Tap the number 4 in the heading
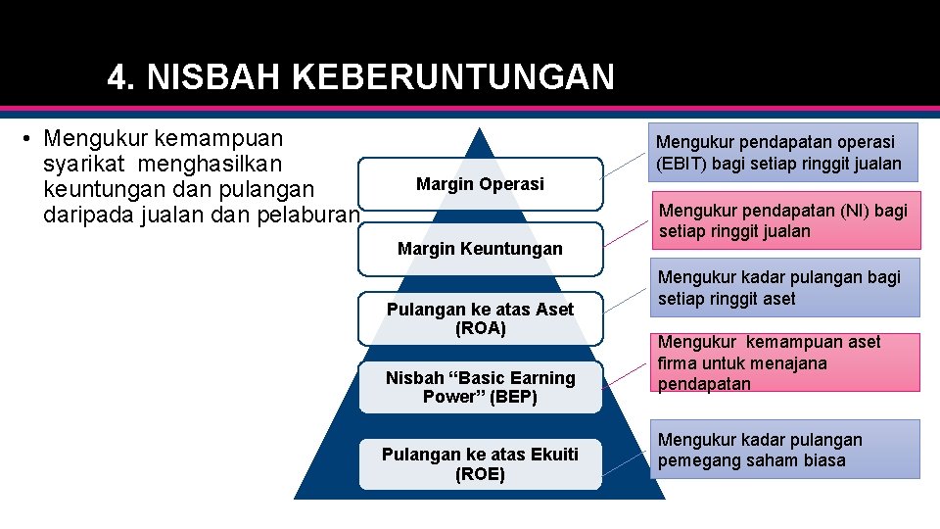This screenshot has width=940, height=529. click(117, 76)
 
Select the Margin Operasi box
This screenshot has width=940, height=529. click(480, 184)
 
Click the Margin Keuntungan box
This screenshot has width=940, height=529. click(480, 249)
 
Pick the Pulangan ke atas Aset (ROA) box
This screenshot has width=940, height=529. click(480, 318)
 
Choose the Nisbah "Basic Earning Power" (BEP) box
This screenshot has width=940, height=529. click(480, 387)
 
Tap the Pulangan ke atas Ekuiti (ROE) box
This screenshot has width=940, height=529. click(480, 464)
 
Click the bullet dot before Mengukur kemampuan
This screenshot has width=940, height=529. click(30, 138)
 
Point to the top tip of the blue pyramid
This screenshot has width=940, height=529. click(479, 130)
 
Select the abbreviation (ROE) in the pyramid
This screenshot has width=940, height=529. click(480, 475)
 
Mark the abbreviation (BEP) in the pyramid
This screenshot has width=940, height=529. click(513, 397)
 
